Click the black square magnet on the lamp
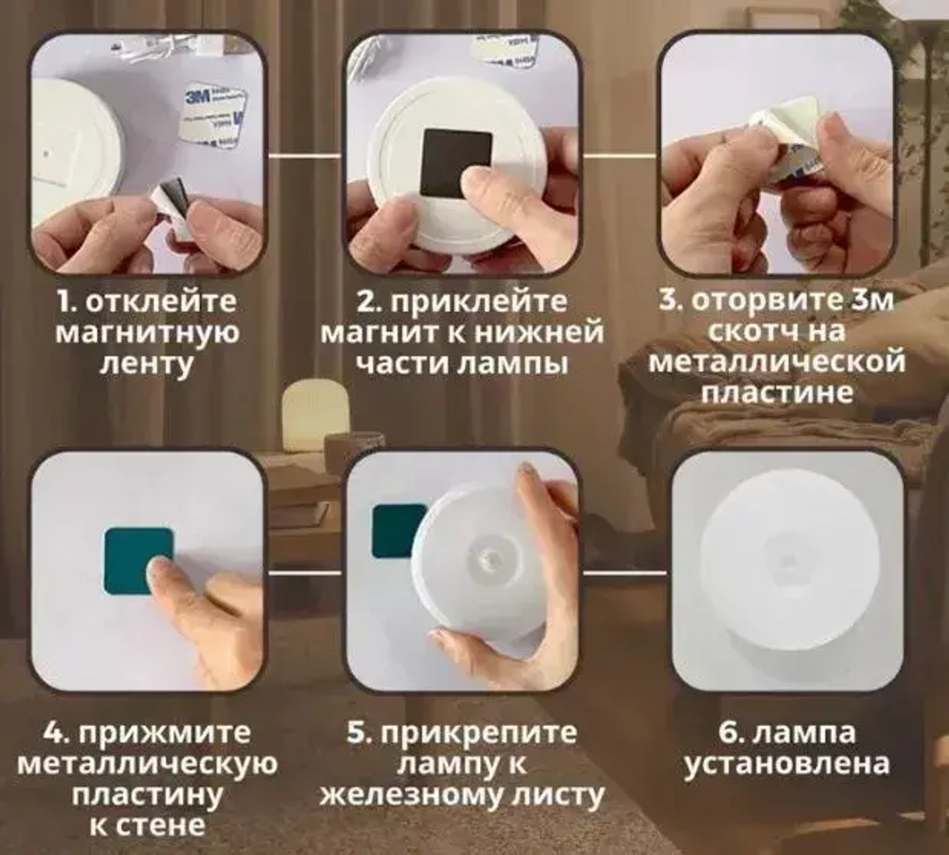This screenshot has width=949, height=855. pyautogui.click(x=456, y=162)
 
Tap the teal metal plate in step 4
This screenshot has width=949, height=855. pyautogui.click(x=138, y=561)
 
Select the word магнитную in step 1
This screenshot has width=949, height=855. pyautogui.click(x=147, y=333)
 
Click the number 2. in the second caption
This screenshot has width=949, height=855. pyautogui.click(x=368, y=302)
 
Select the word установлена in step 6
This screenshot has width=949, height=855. pyautogui.click(x=789, y=764)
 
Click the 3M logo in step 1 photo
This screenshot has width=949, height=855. pyautogui.click(x=198, y=96)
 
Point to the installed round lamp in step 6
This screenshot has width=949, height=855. pyautogui.click(x=787, y=570)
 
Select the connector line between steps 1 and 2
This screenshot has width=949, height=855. pyautogui.click(x=304, y=154)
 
